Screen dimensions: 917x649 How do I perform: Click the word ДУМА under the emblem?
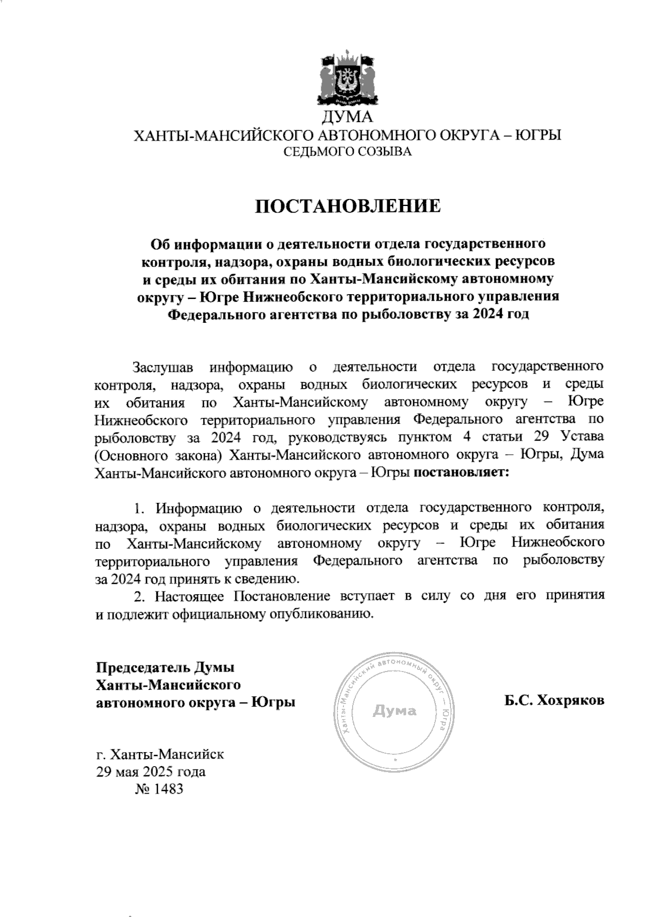point(348,117)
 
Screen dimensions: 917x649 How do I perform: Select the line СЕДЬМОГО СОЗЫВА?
point(348,152)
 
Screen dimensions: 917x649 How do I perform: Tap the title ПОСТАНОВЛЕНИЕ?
point(348,207)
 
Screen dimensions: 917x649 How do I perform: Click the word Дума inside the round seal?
point(395,710)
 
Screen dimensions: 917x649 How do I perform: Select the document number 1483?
point(169,788)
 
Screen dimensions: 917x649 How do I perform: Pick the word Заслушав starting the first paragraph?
point(163,367)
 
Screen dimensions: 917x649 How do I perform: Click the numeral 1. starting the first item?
point(140,508)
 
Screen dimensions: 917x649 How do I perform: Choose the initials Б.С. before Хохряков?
point(518,701)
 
